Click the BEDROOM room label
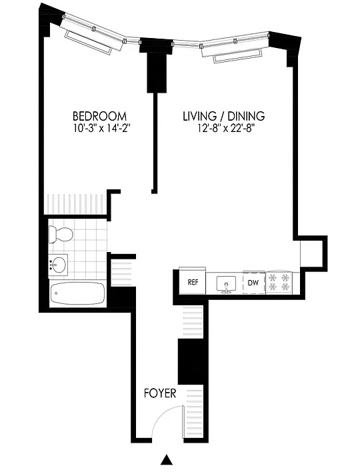[99, 116]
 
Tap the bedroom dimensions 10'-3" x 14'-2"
[101, 129]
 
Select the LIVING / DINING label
[224, 116]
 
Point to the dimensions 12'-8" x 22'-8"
[225, 129]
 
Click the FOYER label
[160, 393]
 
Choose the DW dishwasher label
[253, 283]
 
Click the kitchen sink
[227, 284]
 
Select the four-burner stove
[279, 283]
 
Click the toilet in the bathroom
[61, 234]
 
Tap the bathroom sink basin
[58, 265]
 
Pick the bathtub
[78, 293]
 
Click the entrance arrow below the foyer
[166, 459]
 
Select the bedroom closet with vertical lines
[75, 204]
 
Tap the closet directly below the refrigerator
[193, 321]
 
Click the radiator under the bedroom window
[88, 42]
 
